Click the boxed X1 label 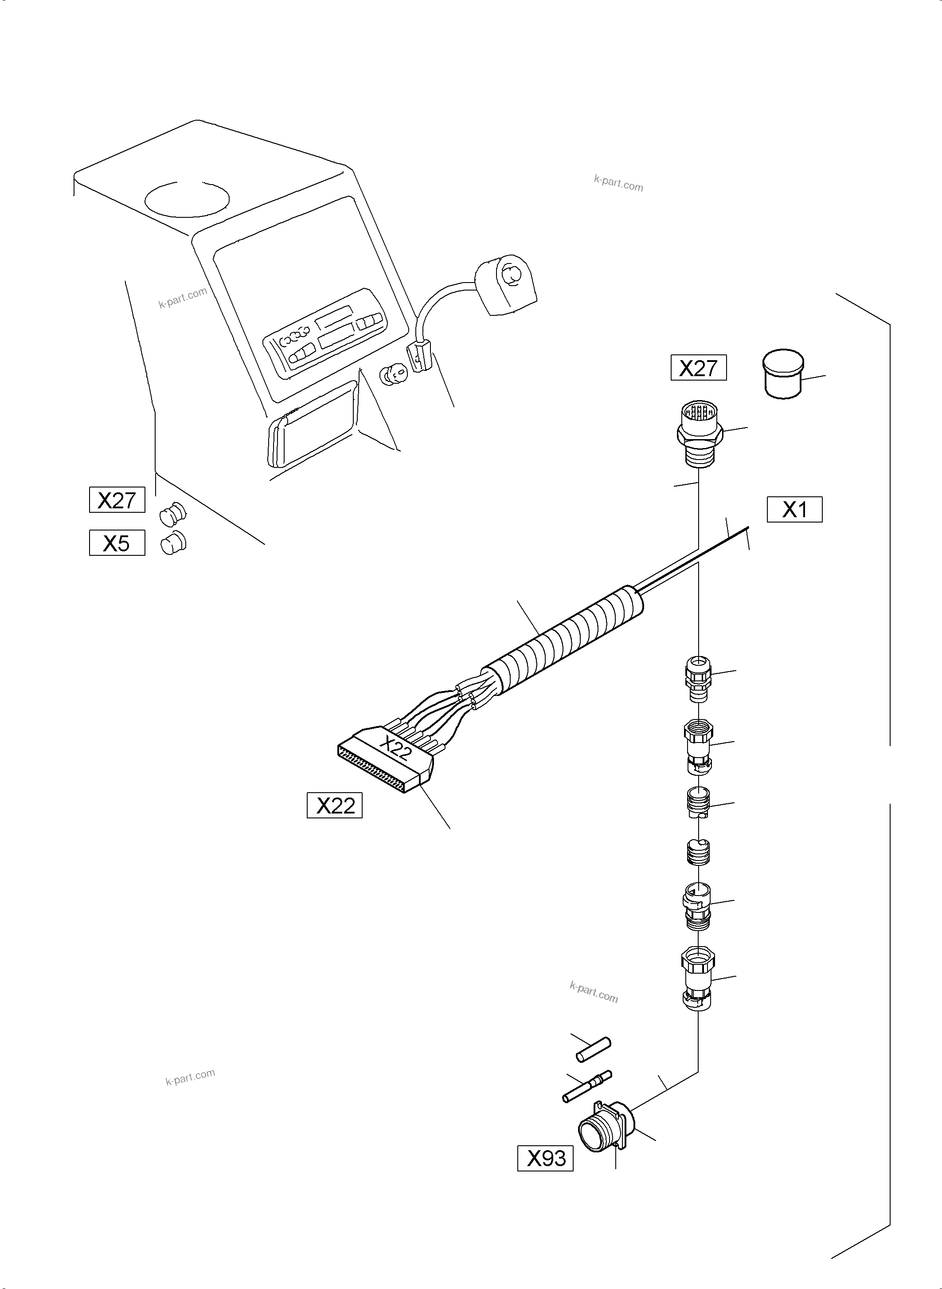(x=794, y=510)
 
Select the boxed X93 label (x=545, y=1158)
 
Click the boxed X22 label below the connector (x=335, y=805)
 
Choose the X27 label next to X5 (x=117, y=500)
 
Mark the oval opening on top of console (x=187, y=199)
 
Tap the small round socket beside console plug (x=394, y=375)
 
